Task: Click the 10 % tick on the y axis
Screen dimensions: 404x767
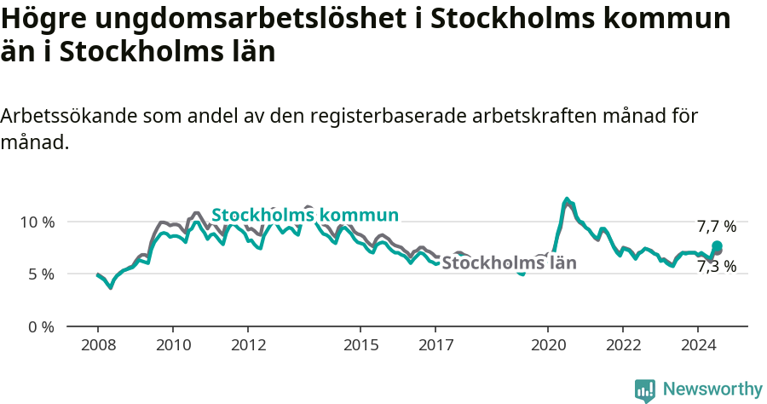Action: click(37, 222)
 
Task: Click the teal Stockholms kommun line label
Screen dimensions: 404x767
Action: click(305, 215)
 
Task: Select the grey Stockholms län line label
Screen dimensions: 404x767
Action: click(509, 263)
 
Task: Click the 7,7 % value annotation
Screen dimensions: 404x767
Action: click(716, 227)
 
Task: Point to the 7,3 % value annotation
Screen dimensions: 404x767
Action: click(716, 267)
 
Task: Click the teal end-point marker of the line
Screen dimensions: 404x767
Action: click(717, 246)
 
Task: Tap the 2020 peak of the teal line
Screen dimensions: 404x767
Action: click(567, 199)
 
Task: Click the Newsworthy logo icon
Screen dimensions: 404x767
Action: click(645, 390)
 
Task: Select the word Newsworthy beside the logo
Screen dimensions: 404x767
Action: click(712, 390)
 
